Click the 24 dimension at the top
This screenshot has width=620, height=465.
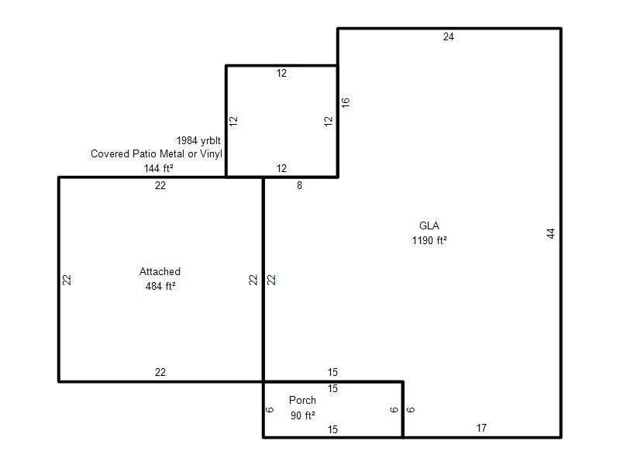(449, 36)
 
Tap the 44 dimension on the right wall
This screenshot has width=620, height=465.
(551, 233)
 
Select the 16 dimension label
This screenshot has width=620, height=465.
(345, 102)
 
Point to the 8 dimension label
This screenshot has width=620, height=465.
(299, 185)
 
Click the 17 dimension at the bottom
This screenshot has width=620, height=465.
(481, 428)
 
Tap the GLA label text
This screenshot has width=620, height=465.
(429, 226)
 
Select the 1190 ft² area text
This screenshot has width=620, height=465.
(429, 240)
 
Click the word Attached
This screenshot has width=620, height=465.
(160, 272)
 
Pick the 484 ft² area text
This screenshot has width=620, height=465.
(160, 286)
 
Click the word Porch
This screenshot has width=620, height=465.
(302, 400)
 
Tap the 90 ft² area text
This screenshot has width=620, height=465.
(303, 415)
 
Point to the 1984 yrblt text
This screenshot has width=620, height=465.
(198, 141)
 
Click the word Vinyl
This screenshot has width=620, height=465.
(211, 153)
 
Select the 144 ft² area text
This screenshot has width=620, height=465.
(159, 168)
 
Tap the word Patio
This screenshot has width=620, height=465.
(144, 153)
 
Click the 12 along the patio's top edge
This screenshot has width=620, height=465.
(281, 73)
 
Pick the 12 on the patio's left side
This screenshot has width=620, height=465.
(234, 121)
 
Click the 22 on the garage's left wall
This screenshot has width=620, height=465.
(67, 280)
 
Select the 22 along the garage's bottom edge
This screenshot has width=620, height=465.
(160, 372)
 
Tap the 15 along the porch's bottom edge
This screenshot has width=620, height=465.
(332, 429)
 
